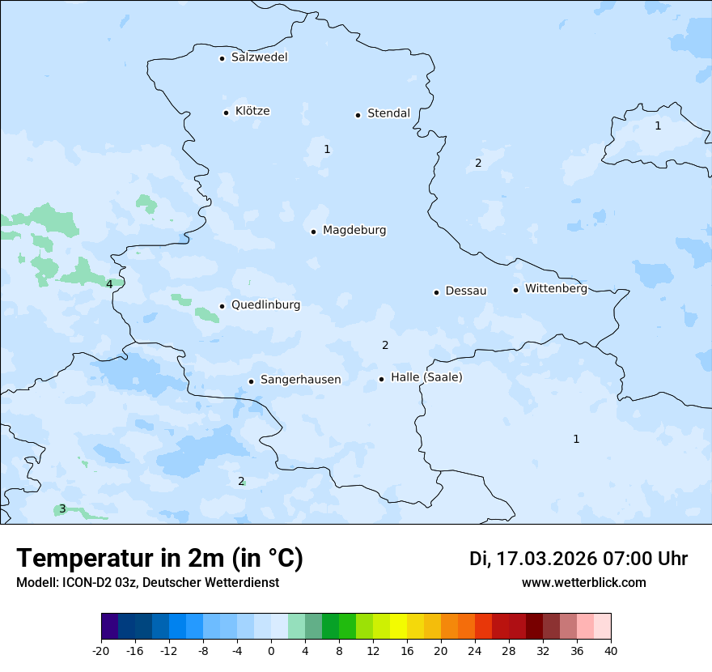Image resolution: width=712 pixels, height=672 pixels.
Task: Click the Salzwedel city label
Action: [259, 57]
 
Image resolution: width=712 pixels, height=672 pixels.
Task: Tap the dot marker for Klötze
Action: [226, 113]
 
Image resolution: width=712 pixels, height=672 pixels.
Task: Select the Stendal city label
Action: [388, 113]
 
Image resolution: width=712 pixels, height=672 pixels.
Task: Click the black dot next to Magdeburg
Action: [313, 232]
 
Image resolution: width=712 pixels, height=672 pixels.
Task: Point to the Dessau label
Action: [466, 291]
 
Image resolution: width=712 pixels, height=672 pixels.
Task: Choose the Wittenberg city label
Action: [556, 288]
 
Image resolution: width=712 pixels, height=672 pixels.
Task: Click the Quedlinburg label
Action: [265, 305]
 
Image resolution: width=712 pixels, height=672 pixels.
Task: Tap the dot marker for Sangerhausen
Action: [251, 381]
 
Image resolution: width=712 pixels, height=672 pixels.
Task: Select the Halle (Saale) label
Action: [426, 377]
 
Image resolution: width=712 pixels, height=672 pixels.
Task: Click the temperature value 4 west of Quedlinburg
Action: [109, 284]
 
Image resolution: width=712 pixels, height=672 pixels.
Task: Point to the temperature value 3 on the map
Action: [62, 509]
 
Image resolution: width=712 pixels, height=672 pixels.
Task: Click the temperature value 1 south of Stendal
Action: [327, 149]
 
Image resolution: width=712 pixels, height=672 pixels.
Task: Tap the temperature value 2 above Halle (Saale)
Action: [385, 345]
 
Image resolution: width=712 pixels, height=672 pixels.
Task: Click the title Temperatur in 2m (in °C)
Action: [159, 558]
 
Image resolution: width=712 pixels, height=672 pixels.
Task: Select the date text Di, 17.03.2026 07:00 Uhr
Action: [578, 559]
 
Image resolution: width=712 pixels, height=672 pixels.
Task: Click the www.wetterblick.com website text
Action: [583, 582]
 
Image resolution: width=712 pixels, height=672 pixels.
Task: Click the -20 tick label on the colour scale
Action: [101, 651]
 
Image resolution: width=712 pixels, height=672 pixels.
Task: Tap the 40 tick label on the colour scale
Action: [611, 651]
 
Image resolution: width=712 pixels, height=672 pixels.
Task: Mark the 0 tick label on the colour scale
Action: [271, 651]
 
